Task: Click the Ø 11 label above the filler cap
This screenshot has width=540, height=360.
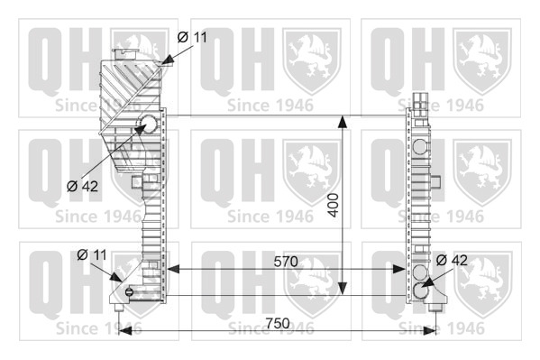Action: point(192,37)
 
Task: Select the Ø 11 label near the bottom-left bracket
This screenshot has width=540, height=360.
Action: point(92,255)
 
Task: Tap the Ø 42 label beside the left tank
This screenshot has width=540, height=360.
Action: point(82,187)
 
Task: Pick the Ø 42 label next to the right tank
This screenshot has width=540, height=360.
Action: point(452,261)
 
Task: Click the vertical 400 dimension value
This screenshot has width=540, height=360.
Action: point(333,205)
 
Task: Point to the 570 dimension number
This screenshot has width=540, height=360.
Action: point(286,262)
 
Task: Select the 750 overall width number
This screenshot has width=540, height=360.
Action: point(278,323)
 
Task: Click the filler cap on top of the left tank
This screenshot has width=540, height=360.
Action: point(124,54)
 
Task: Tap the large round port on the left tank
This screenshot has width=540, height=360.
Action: point(149,125)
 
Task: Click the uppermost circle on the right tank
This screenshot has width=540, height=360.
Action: point(420,146)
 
